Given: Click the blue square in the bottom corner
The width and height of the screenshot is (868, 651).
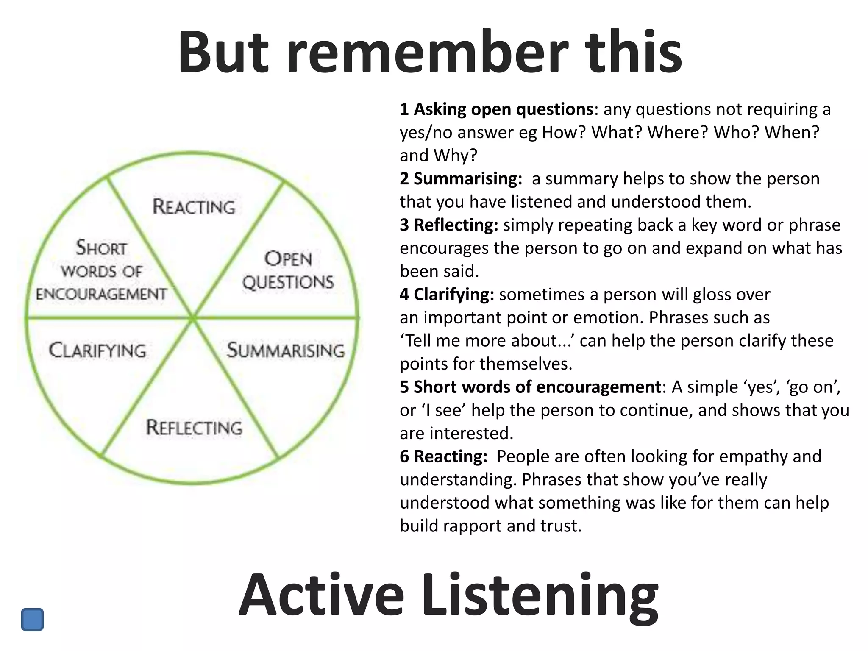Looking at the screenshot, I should click(x=32, y=619).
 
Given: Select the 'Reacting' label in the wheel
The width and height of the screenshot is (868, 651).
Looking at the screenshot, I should click(x=194, y=207).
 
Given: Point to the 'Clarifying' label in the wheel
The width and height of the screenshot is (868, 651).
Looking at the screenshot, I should click(x=97, y=351).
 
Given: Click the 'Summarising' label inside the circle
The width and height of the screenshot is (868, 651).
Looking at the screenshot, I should click(x=286, y=351).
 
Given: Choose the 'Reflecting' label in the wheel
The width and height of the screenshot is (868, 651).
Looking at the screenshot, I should click(x=194, y=427).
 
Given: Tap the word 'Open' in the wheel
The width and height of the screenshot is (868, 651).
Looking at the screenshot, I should click(x=288, y=259).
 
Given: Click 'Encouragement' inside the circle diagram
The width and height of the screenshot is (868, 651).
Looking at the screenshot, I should click(x=101, y=294).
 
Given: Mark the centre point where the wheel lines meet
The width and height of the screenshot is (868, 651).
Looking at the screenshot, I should click(x=193, y=317).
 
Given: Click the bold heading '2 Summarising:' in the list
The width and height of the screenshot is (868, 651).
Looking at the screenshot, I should click(x=461, y=179).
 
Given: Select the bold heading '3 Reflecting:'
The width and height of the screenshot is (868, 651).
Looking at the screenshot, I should click(x=449, y=225).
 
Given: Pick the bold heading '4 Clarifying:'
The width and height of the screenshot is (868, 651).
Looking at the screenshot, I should click(x=447, y=295).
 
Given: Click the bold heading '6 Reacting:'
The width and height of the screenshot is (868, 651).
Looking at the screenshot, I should click(x=444, y=456).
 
